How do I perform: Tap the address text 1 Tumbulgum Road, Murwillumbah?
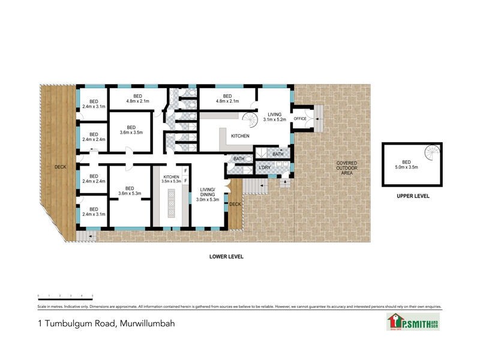(x=106, y=323)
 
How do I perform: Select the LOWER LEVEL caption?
(x=226, y=256)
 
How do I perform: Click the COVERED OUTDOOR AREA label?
(x=346, y=168)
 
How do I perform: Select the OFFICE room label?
(x=299, y=119)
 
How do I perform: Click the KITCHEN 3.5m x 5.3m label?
(x=171, y=178)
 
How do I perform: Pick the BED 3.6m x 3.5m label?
(x=131, y=129)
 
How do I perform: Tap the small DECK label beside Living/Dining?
(x=234, y=205)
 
